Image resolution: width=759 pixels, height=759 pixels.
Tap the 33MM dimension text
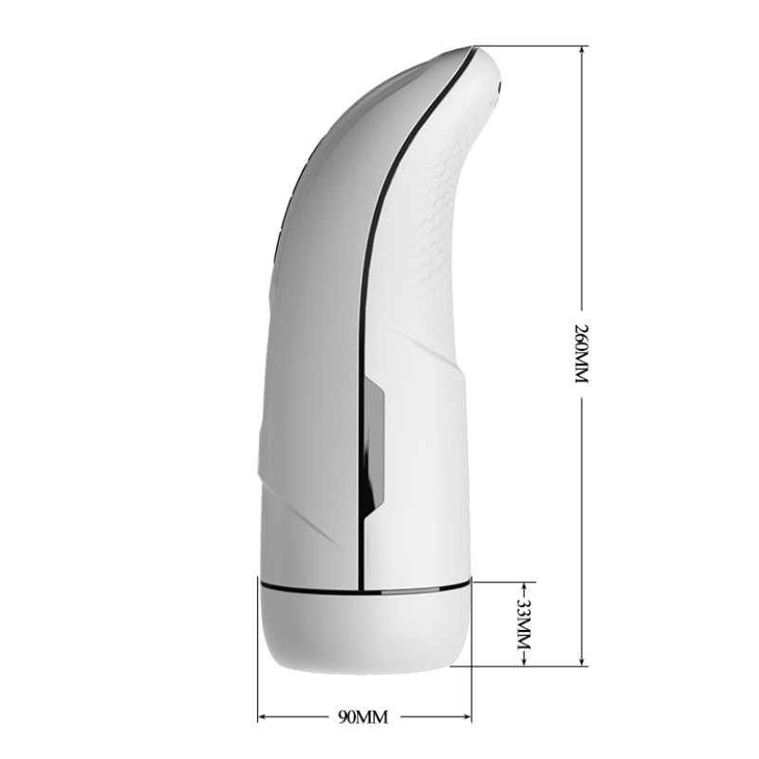(523, 623)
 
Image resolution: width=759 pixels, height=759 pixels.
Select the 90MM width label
(363, 716)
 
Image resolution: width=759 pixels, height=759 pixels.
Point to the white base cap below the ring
(365, 631)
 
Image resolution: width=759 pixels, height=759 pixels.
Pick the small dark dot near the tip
(500, 92)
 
